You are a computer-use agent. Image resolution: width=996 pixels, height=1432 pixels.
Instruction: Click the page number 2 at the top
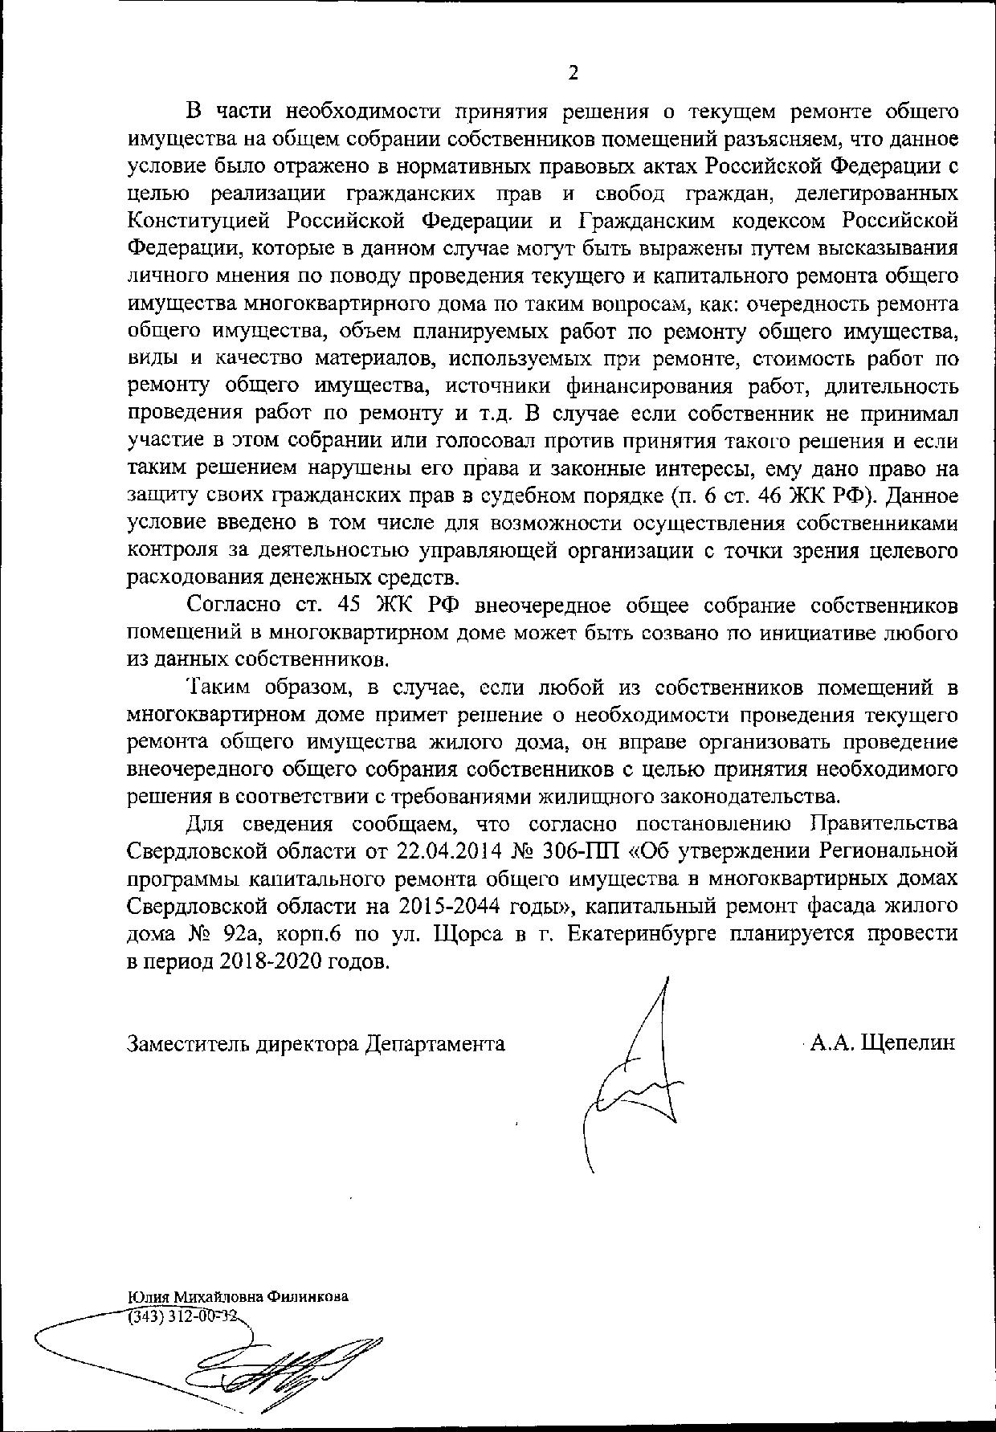[x=573, y=73]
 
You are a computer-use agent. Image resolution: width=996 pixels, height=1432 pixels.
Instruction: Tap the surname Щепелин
[x=908, y=1043]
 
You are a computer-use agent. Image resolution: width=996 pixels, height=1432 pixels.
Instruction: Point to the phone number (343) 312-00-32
[x=183, y=1316]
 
